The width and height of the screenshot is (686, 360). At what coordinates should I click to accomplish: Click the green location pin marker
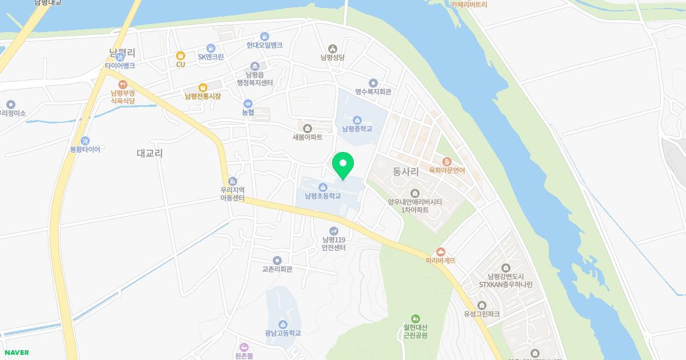point(343,165)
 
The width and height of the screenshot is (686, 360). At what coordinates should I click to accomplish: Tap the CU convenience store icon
point(181,55)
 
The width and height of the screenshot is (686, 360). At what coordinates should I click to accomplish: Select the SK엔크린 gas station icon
point(211,49)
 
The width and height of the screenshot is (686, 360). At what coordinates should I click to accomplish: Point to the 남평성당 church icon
point(333,49)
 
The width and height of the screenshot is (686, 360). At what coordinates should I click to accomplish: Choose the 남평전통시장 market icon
point(202,87)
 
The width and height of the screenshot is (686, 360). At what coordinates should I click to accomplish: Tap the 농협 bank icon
point(248,103)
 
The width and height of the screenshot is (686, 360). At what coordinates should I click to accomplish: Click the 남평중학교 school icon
point(357,120)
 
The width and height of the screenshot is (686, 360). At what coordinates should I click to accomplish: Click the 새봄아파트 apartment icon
point(308,128)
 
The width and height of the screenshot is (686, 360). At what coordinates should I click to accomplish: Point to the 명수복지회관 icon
point(373,83)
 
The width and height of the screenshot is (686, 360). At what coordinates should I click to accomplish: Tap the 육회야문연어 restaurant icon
point(447,162)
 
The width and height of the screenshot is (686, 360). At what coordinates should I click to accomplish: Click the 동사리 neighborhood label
point(406,171)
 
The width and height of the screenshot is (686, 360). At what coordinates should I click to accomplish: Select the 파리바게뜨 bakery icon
point(440,251)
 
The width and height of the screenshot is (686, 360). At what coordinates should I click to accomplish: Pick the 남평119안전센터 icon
point(334,231)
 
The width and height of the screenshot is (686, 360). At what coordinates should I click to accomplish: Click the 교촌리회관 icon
point(277,261)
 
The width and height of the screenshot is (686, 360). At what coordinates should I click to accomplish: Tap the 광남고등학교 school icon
point(282,325)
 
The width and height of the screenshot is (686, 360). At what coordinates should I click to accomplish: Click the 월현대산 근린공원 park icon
point(416,318)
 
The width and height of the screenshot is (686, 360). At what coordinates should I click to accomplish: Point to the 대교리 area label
point(150,153)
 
